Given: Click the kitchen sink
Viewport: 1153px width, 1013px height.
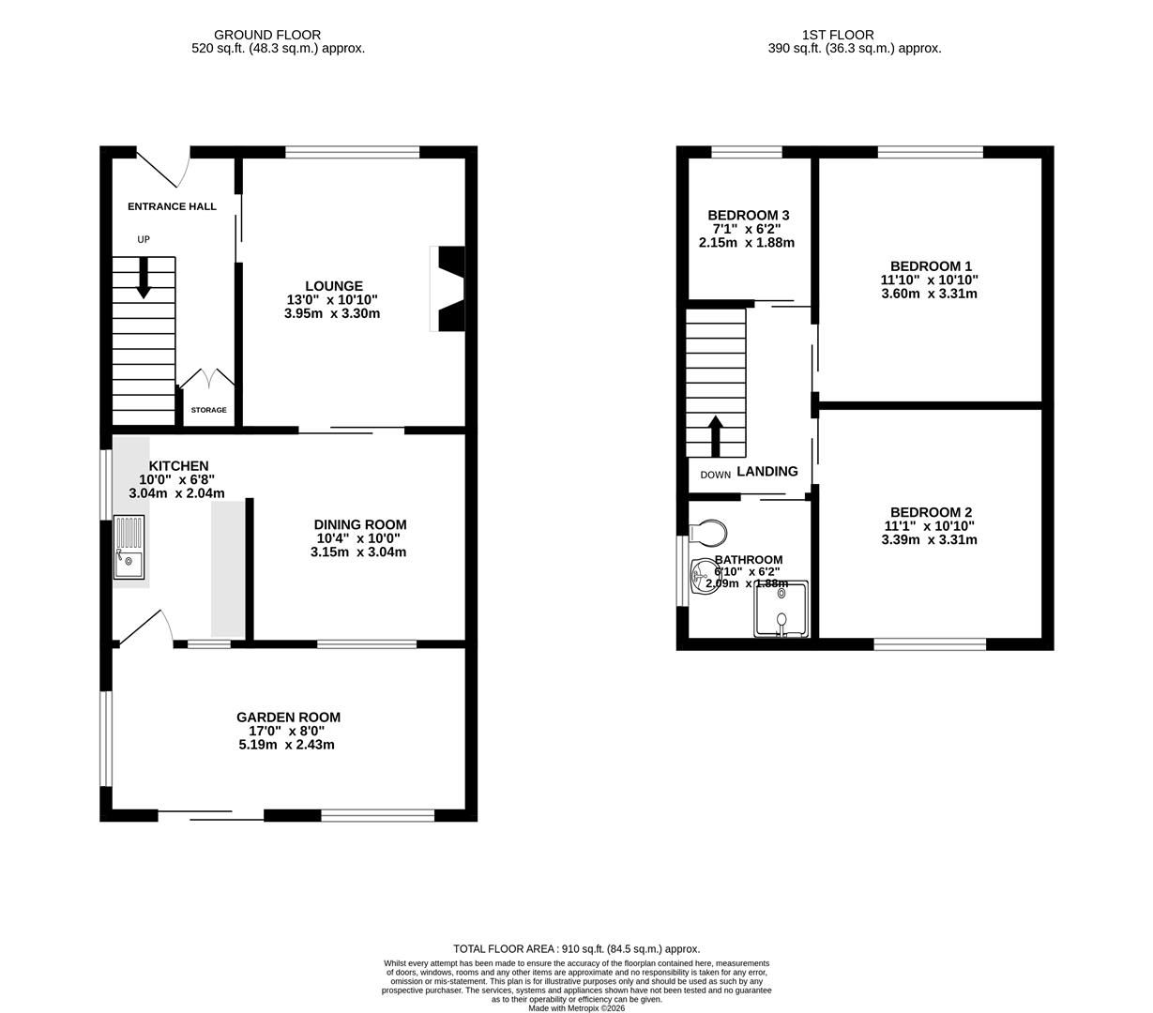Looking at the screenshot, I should [x=129, y=547].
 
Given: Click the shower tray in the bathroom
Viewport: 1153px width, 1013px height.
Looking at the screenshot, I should [x=781, y=609].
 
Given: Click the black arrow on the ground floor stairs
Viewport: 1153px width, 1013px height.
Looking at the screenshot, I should [x=144, y=278].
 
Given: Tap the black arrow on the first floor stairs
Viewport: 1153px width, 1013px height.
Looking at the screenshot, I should [x=715, y=435].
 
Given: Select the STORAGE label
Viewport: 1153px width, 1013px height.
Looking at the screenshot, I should [x=208, y=410].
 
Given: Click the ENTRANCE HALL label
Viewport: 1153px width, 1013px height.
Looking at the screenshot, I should [x=172, y=206].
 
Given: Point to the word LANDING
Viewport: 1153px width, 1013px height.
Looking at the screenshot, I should [x=767, y=472].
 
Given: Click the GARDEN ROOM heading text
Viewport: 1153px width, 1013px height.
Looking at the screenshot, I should [x=288, y=718].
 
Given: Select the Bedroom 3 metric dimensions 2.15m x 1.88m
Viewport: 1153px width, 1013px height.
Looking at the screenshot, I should [x=746, y=243].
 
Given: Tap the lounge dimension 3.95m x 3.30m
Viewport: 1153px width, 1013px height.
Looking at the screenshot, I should [x=332, y=314].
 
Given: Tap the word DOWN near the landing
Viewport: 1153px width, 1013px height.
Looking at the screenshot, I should [x=715, y=475].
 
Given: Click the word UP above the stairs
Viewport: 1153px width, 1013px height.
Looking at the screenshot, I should [x=144, y=240].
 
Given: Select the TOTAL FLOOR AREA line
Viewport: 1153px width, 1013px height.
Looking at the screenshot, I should [x=576, y=949].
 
